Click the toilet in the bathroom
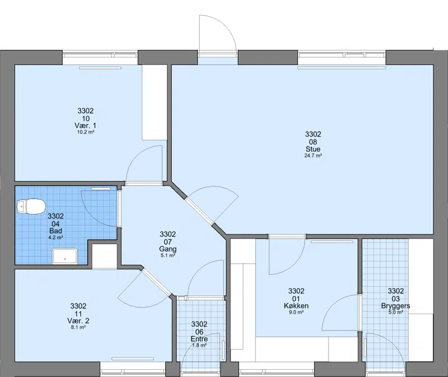pos(31,206)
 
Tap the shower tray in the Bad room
pos(65,256)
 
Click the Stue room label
pos(313,149)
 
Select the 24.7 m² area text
pos(313,156)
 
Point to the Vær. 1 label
pos(85,126)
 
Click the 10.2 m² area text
pos(85,132)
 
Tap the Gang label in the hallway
pos(168,249)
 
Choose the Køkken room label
pos(296,306)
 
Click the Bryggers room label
pos(395,306)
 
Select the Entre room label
pos(199,339)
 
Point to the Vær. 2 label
pos(78,321)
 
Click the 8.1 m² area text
pos(78,327)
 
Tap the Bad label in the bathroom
pos(56,231)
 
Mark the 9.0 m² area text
pos(296,312)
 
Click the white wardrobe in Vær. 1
pos(155,102)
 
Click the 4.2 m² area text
pos(56,237)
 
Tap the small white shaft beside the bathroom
pos(104,256)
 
